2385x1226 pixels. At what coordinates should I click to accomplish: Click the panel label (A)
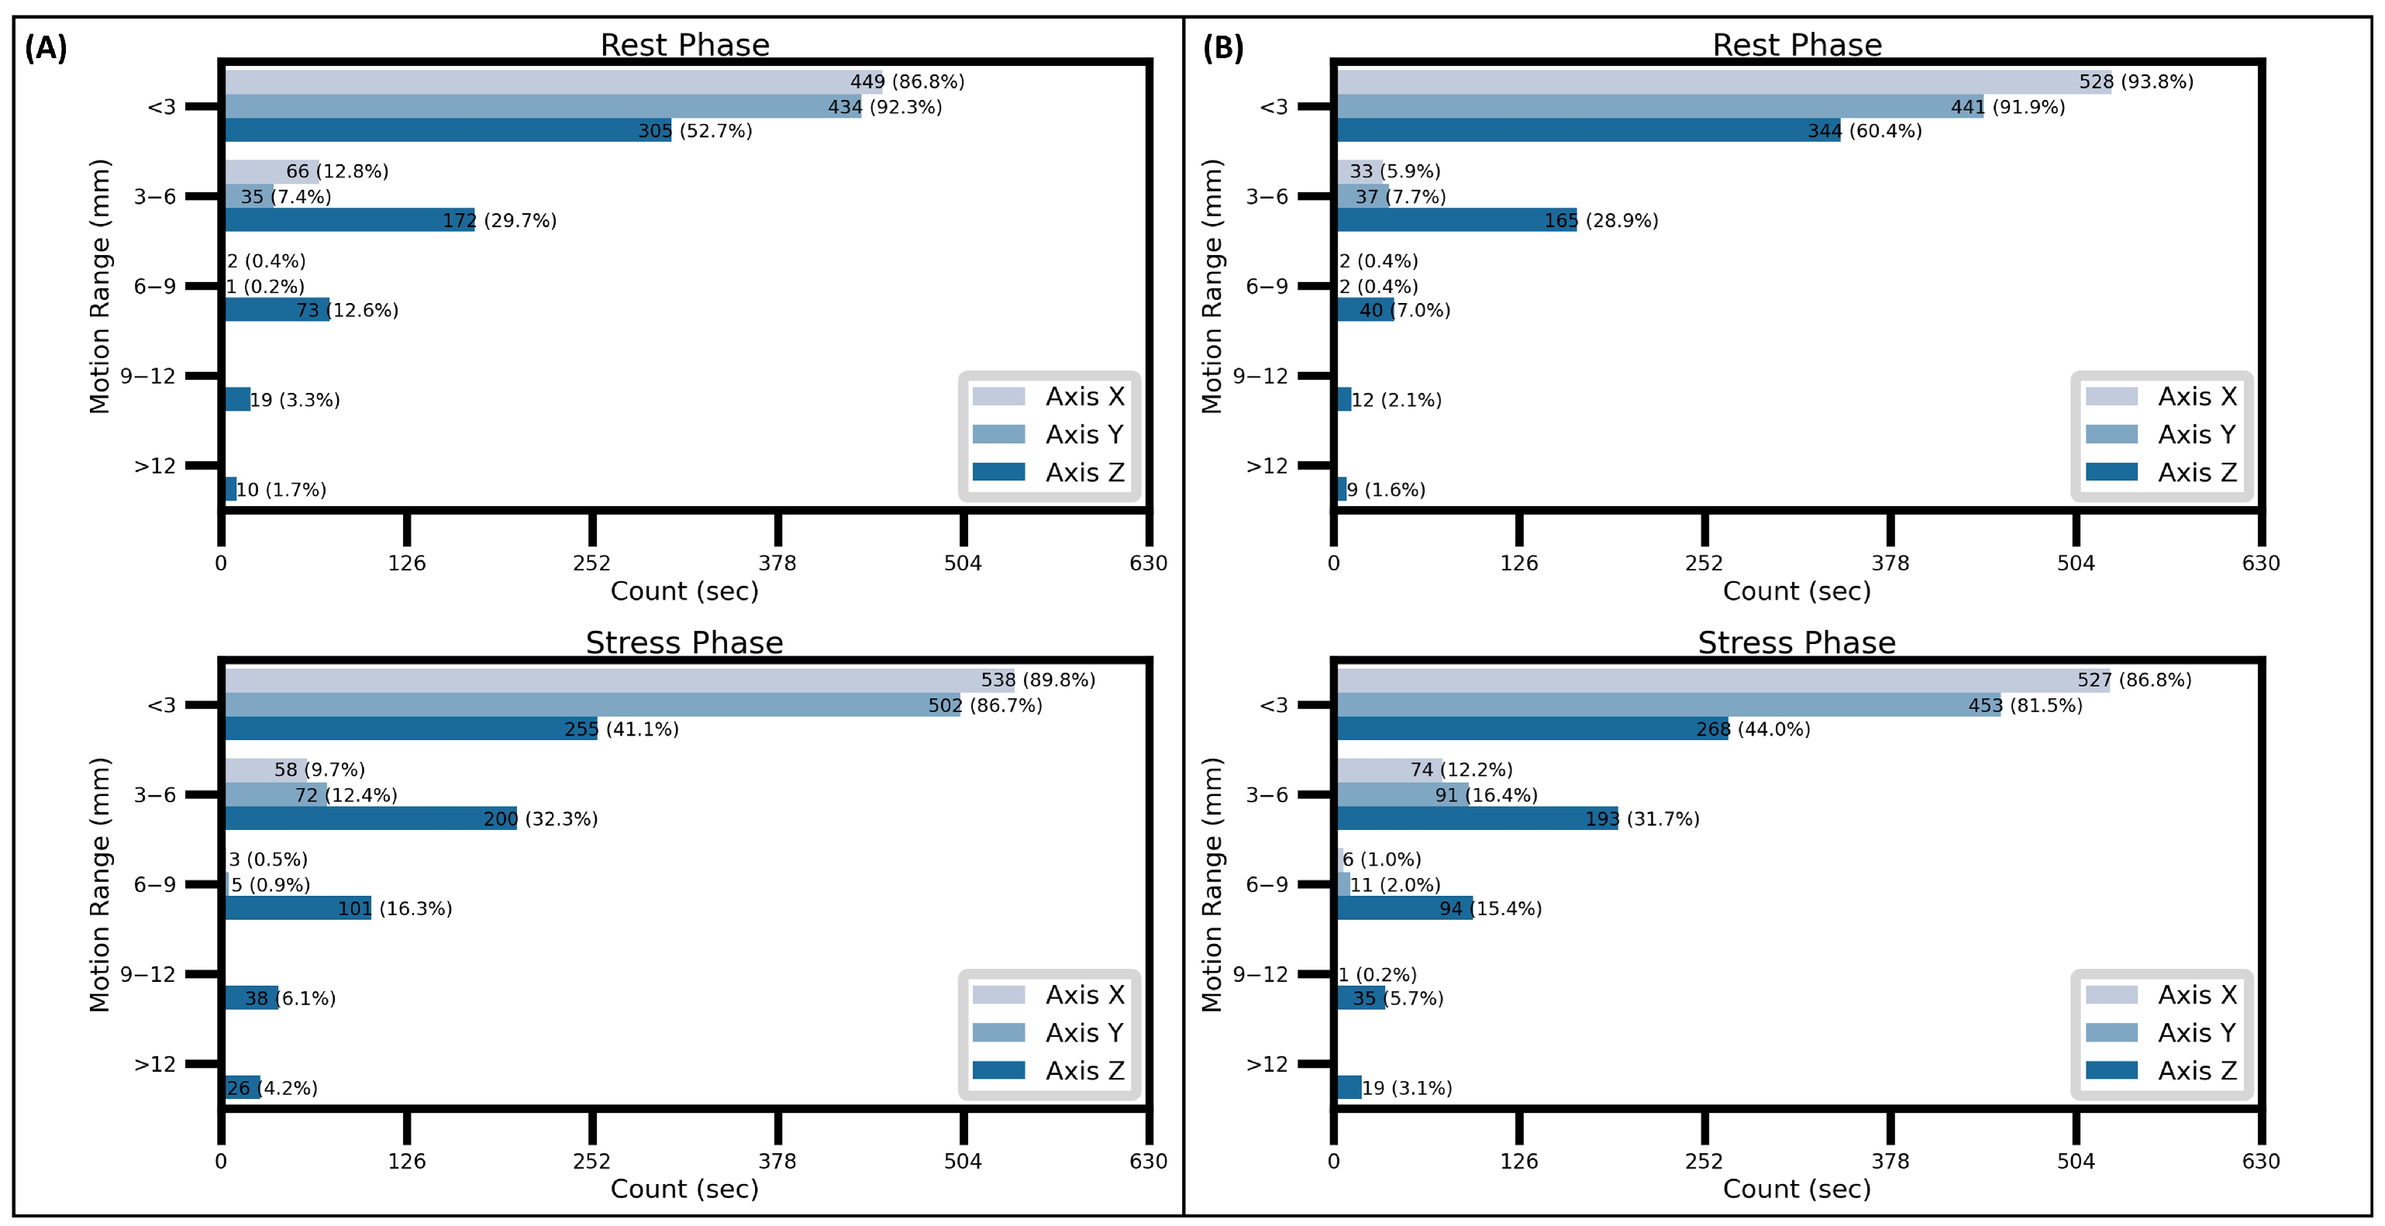pyautogui.click(x=46, y=47)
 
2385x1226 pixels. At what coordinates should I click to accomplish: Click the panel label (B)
pyautogui.click(x=1222, y=47)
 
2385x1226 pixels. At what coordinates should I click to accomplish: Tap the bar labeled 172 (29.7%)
pyautogui.click(x=350, y=219)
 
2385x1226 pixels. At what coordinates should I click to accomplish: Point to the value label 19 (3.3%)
pyautogui.click(x=295, y=400)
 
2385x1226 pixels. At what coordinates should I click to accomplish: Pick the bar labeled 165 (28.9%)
pyautogui.click(x=1456, y=219)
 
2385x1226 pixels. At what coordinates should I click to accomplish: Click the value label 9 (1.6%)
pyautogui.click(x=1386, y=490)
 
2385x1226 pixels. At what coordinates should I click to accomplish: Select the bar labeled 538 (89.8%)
pyautogui.click(x=619, y=680)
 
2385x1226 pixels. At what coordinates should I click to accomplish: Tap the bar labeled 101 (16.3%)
pyautogui.click(x=298, y=908)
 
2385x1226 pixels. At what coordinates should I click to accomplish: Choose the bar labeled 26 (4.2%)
pyautogui.click(x=243, y=1087)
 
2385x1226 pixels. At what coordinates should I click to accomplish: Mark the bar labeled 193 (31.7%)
pyautogui.click(x=1477, y=818)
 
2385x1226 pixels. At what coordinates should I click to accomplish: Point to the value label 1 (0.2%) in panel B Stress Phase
pyautogui.click(x=1377, y=974)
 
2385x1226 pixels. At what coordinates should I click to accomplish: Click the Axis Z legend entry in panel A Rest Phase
pyautogui.click(x=1049, y=472)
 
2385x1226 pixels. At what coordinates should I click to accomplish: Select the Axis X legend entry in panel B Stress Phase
pyautogui.click(x=2160, y=994)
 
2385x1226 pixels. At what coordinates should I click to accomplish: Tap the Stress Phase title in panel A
pyautogui.click(x=684, y=642)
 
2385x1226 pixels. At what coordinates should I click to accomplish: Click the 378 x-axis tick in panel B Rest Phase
pyautogui.click(x=1890, y=562)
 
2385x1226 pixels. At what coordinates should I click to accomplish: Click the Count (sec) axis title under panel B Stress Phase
pyautogui.click(x=1796, y=1188)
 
